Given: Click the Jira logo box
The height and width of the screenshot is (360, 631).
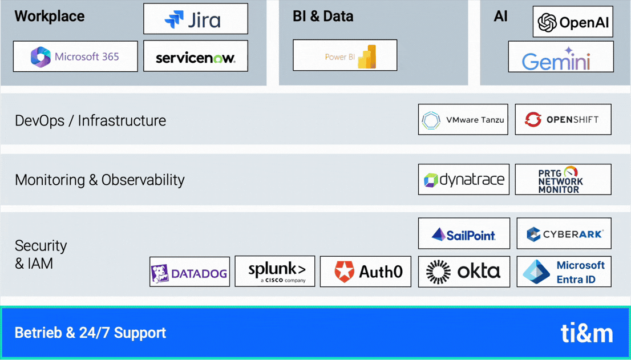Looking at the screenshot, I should pos(195,19).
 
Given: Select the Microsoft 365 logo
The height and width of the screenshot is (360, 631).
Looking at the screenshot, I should pos(75,56).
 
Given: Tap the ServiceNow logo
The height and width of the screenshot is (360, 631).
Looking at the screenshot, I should pos(195,56).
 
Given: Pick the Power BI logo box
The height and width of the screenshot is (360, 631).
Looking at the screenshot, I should pos(345,55).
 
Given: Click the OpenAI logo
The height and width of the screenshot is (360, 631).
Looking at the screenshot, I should pos(573,22).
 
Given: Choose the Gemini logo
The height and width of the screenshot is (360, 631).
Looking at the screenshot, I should pos(560,56).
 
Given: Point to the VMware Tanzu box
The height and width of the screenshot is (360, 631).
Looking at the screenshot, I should pos(463,120).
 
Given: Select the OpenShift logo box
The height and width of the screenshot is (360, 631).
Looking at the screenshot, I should pos(563,120).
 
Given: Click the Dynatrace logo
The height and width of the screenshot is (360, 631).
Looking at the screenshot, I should pos(463,180).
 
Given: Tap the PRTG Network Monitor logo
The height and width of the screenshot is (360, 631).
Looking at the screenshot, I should pos(563,180).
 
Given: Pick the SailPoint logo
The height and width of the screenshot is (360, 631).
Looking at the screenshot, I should pos(463,234).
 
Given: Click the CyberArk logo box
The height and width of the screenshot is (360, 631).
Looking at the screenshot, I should pos(564,234).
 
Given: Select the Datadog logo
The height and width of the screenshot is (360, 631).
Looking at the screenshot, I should pos(189,272).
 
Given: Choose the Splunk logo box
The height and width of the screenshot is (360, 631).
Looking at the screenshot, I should pos(274,272).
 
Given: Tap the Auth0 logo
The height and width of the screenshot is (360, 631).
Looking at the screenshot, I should pos(365,272).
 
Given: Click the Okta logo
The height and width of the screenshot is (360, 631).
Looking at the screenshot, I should pos(463,272).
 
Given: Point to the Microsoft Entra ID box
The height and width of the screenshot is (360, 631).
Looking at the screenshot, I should pos(564,272).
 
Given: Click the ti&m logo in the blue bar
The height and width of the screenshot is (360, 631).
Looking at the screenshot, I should pos(586,333).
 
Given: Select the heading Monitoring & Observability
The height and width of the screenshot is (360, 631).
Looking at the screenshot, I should pos(100,180).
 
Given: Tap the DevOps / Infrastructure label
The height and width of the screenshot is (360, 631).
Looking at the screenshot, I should pos(90,121).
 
